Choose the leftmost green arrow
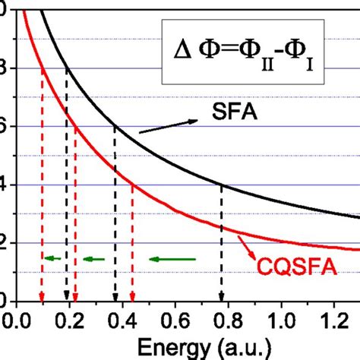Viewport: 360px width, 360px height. [x=53, y=259]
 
